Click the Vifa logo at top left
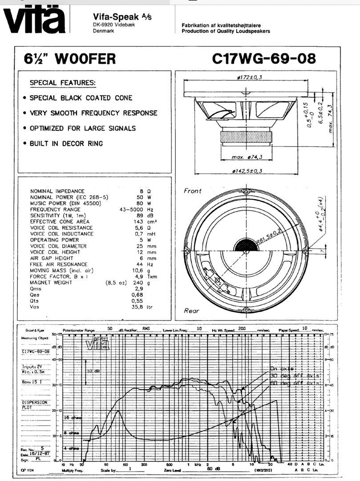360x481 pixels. pyautogui.click(x=35, y=19)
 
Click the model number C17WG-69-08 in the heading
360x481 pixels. pyautogui.click(x=264, y=59)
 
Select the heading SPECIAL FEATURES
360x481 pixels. pyautogui.click(x=62, y=83)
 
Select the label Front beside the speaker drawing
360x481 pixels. pyautogui.click(x=193, y=191)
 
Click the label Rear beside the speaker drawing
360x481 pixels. pyautogui.click(x=192, y=310)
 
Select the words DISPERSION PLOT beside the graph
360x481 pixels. pyautogui.click(x=35, y=404)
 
